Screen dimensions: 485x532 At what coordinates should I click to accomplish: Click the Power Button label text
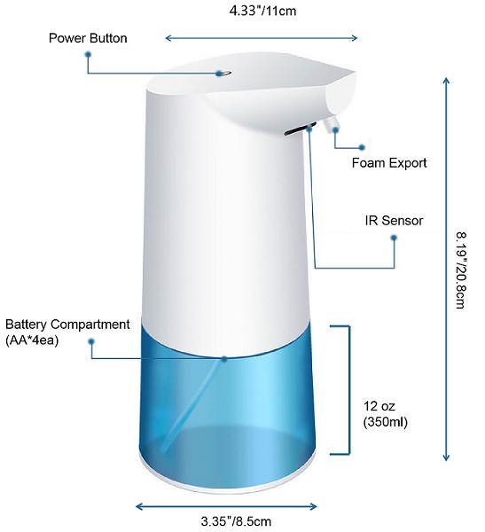tap(88, 38)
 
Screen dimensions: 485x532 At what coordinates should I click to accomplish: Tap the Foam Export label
tap(389, 163)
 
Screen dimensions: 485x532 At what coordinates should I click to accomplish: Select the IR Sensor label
tap(394, 221)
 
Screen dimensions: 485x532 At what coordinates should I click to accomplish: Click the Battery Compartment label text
tap(67, 325)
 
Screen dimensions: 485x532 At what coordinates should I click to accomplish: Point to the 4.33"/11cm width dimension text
tap(262, 11)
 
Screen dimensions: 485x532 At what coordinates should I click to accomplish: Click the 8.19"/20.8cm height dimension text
tap(461, 270)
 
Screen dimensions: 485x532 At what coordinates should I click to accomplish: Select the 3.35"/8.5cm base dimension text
tap(236, 520)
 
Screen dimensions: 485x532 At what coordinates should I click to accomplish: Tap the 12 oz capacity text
tap(379, 406)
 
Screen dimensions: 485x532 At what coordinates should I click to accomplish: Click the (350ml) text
tap(385, 422)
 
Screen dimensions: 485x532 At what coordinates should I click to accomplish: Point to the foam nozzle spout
tap(330, 124)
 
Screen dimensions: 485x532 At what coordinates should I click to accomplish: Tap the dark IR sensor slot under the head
tap(300, 129)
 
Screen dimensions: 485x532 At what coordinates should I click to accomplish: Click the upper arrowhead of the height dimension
tap(446, 81)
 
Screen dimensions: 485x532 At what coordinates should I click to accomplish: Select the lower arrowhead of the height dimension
tap(446, 458)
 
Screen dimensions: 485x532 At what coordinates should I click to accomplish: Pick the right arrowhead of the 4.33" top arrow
tap(354, 38)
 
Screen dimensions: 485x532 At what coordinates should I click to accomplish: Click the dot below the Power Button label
tap(89, 54)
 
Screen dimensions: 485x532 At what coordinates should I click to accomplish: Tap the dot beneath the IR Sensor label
tap(394, 238)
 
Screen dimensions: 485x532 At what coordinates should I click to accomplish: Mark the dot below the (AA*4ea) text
tap(91, 341)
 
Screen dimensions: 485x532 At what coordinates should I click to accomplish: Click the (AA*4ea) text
tap(32, 340)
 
